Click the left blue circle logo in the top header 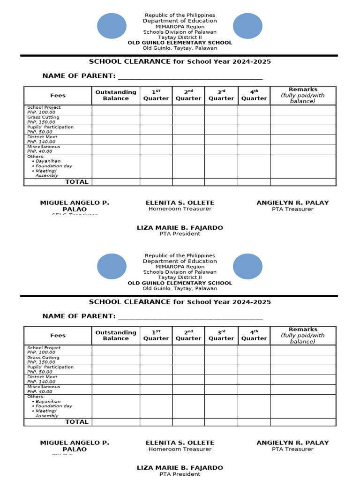(x=112, y=26)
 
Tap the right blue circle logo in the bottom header (x=247, y=266)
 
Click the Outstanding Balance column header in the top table (x=116, y=95)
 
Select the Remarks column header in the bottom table (x=303, y=335)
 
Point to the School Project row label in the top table (x=44, y=110)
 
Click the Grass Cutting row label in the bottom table (x=43, y=360)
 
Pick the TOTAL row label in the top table (x=76, y=182)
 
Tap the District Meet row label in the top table (x=42, y=139)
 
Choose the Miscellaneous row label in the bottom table (x=44, y=389)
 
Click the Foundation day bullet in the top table (x=53, y=166)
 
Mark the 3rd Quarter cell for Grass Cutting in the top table (x=221, y=120)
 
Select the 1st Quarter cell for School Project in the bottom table (x=156, y=350)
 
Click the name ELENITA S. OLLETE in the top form (x=180, y=202)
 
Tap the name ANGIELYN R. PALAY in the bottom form (x=292, y=442)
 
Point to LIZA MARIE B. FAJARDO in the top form (x=180, y=227)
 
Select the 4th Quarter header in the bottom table (x=254, y=335)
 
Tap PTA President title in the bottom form (x=180, y=474)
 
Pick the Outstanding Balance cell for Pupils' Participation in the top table (x=116, y=129)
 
